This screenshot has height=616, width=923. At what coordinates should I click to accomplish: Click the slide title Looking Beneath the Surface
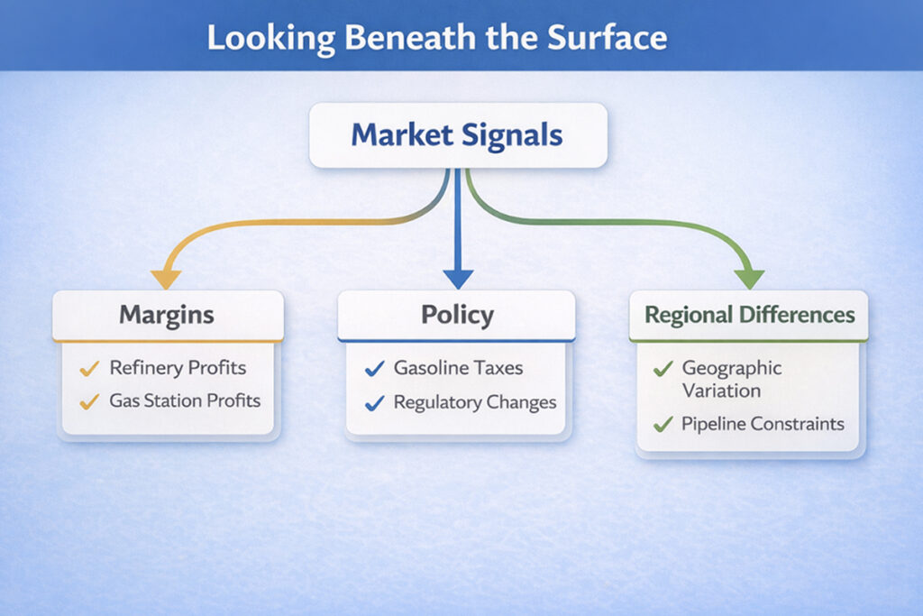pos(437,37)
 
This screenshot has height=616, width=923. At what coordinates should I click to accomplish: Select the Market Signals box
pos(457,135)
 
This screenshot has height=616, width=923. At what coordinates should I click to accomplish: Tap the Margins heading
pos(167,315)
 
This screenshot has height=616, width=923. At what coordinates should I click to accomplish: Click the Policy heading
pos(457,315)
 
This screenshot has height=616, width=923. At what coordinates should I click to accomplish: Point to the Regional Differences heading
pos(749,315)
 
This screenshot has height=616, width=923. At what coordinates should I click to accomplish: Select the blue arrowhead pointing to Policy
pos(458,278)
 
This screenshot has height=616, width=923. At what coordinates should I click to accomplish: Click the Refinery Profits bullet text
pos(178,368)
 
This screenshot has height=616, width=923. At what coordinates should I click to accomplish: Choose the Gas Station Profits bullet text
pos(185,400)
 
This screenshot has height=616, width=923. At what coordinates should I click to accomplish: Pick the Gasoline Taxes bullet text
pos(458,368)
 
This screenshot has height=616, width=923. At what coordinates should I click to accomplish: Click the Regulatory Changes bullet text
pos(475,402)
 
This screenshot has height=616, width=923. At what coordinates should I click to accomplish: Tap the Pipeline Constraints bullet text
pos(763,423)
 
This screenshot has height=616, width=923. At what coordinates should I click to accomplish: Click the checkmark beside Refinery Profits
pos(88,368)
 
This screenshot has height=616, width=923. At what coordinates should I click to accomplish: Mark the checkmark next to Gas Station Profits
pos(88,401)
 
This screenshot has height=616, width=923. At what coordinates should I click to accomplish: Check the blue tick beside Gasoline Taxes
pos(374,368)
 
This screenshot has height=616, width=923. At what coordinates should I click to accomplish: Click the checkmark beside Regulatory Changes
pos(374,403)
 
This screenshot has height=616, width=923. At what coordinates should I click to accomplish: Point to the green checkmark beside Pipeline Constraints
pos(663,423)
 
